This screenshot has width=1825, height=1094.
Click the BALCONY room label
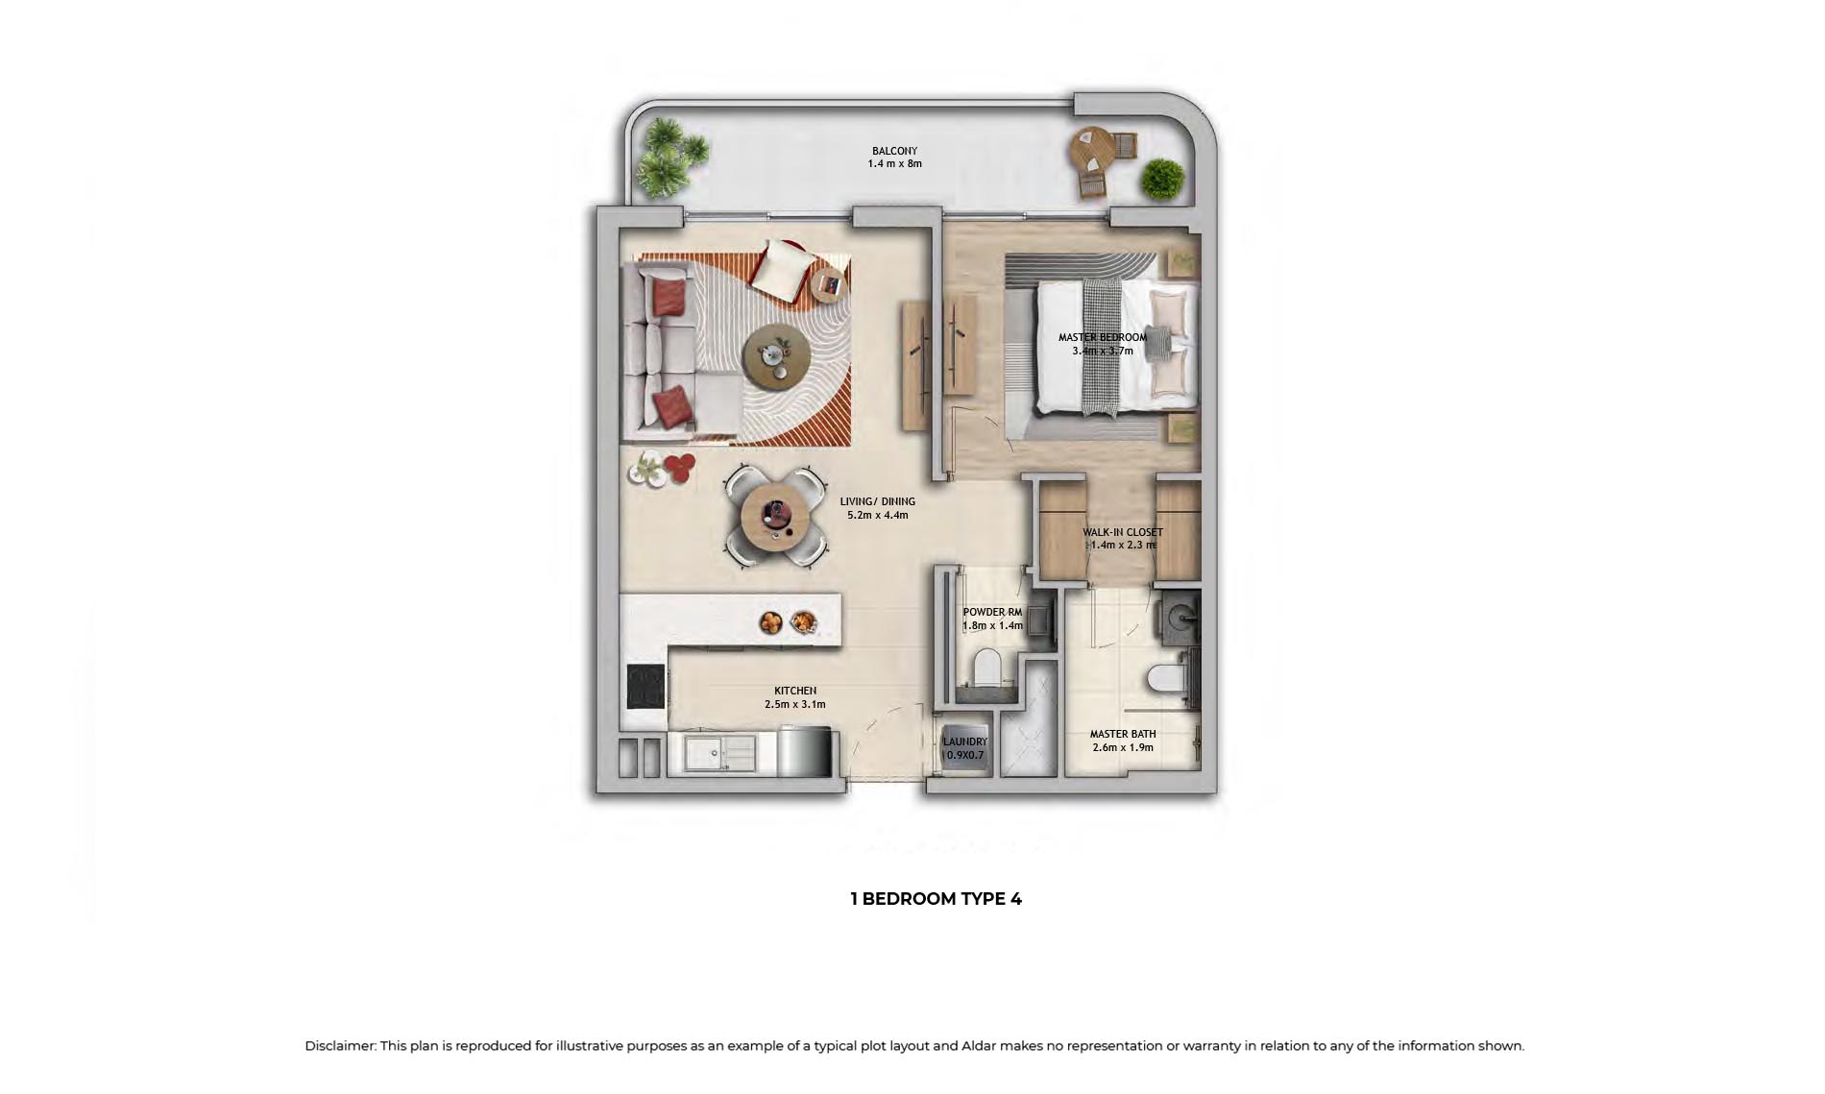(894, 151)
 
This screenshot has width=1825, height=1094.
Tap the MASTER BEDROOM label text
(1103, 337)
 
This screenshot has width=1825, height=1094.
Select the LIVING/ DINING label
(877, 501)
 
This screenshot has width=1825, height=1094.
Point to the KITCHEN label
(795, 691)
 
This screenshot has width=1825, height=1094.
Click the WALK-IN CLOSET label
(1123, 532)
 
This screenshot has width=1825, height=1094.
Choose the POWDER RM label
(992, 612)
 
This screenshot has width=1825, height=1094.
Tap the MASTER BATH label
(1123, 734)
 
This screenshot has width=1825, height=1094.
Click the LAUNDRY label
(964, 741)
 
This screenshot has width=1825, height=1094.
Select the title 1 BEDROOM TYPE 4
(936, 899)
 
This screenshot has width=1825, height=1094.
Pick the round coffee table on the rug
(776, 355)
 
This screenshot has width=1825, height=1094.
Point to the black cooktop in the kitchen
(646, 687)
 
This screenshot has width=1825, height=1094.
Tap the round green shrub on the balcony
(1162, 179)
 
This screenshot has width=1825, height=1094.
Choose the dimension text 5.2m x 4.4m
(877, 515)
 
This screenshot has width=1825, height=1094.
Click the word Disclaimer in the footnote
(340, 1046)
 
